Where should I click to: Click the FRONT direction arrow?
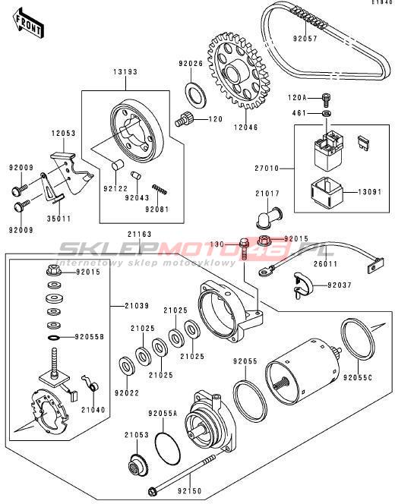click(x=28, y=23)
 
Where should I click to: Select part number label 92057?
click(x=305, y=39)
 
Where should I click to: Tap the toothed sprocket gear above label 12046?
click(x=238, y=71)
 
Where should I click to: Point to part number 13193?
click(x=125, y=72)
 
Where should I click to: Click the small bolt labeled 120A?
click(x=326, y=99)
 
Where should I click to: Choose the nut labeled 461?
click(x=327, y=113)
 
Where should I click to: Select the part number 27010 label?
click(x=267, y=168)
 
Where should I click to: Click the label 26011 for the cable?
click(x=326, y=264)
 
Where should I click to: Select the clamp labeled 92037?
click(x=303, y=285)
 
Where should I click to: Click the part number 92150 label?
click(x=189, y=491)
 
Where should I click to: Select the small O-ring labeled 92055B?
click(x=54, y=338)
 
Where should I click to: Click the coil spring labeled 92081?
click(x=160, y=189)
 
